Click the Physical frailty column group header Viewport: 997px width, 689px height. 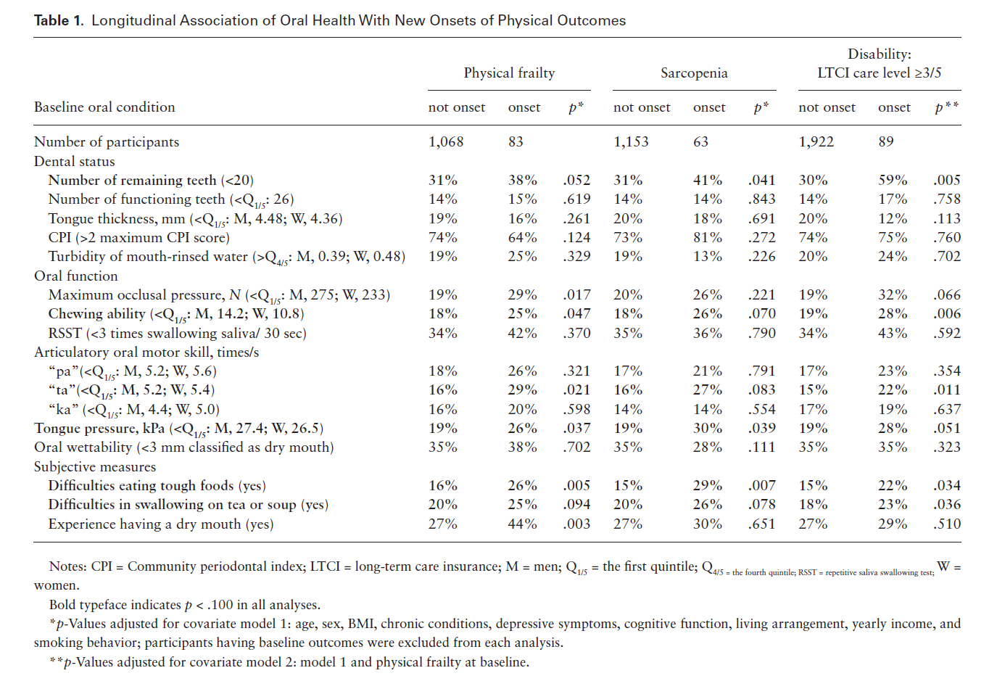[509, 73]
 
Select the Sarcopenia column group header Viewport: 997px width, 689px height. [694, 73]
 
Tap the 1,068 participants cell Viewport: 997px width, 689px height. [446, 141]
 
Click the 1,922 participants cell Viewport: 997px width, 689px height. [816, 141]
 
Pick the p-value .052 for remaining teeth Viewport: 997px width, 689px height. [576, 180]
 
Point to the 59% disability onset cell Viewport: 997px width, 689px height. [893, 180]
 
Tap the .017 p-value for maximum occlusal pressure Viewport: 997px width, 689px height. [576, 294]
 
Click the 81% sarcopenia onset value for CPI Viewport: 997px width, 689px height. [708, 238]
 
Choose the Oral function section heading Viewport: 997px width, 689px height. [76, 276]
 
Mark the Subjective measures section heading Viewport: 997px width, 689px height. [95, 466]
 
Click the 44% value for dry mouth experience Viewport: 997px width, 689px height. [523, 524]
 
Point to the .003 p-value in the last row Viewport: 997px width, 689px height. [576, 524]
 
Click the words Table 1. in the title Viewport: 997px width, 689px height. [59, 20]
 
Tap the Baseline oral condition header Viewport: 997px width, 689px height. [104, 107]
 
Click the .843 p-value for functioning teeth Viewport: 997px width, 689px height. [761, 199]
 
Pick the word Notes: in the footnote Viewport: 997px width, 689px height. [68, 566]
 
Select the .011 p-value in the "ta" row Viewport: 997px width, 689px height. [947, 390]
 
